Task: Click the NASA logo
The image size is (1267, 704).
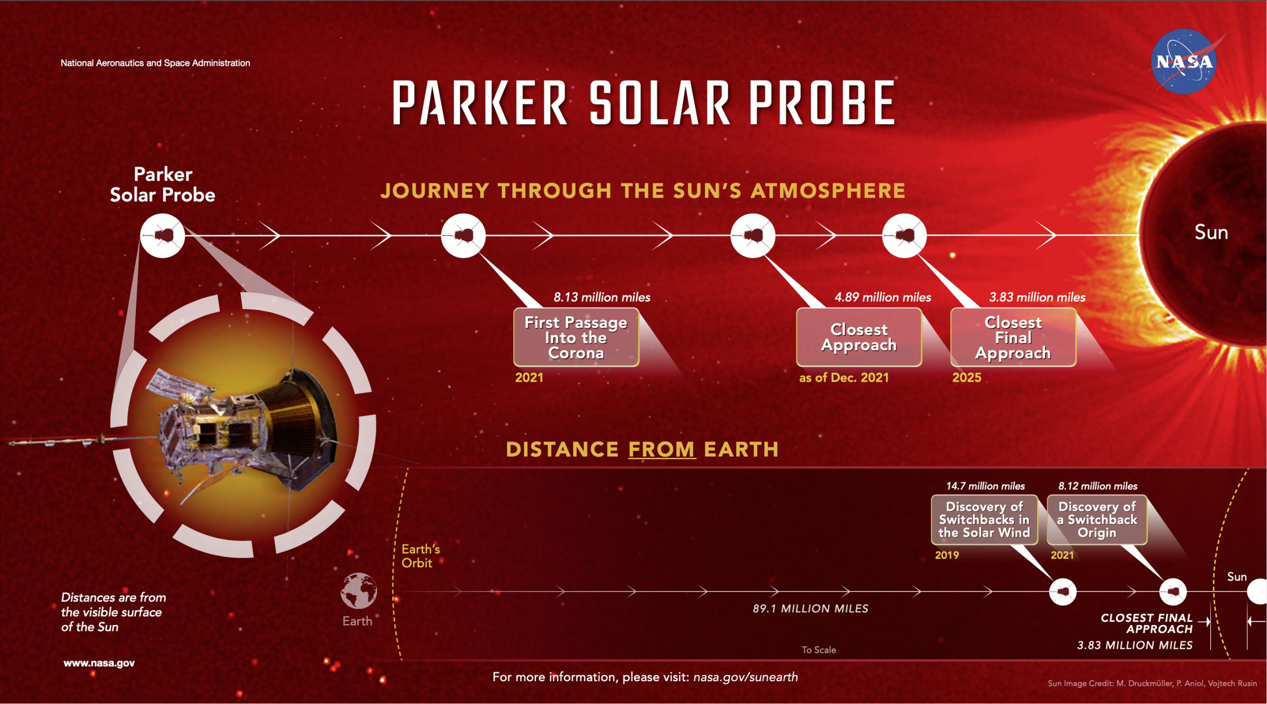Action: [1184, 61]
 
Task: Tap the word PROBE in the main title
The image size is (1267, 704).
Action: [822, 102]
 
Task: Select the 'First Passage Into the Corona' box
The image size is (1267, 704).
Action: [576, 337]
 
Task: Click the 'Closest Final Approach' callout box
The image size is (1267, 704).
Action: [1013, 337]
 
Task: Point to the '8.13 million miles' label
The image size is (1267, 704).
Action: [602, 297]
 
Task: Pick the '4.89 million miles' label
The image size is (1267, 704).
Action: [883, 297]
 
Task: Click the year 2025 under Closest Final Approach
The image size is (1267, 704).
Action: [966, 378]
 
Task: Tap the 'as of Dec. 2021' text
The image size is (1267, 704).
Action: [844, 378]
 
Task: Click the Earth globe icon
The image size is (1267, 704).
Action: [358, 590]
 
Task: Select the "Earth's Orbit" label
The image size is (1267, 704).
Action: [420, 556]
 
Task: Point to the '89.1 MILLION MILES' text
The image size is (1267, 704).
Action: [810, 608]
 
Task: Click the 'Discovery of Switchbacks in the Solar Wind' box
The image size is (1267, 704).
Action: [984, 520]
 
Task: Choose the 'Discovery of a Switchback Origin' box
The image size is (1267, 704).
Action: [1097, 520]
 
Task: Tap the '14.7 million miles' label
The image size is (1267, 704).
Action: [985, 486]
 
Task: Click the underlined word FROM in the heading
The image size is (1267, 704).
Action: [662, 450]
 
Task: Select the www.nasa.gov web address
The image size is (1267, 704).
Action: [99, 663]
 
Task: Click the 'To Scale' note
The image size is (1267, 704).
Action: [818, 650]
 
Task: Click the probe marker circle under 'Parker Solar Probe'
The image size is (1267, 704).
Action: [162, 236]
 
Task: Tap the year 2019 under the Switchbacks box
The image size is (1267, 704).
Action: [947, 555]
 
